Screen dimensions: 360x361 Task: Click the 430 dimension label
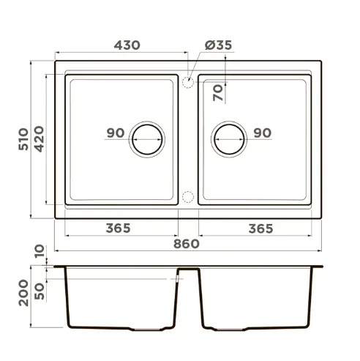point(127,45)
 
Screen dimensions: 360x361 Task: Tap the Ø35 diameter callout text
point(218,45)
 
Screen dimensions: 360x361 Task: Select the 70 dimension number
point(218,92)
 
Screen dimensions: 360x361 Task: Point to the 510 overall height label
point(23,139)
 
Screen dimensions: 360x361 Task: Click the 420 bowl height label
point(39,139)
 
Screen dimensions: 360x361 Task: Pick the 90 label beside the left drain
point(116,133)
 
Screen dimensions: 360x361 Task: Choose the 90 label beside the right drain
point(263,133)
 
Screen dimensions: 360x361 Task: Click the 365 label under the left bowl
point(119,228)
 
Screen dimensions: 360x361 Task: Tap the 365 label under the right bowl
point(260,229)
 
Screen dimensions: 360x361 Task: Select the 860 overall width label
point(187,244)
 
